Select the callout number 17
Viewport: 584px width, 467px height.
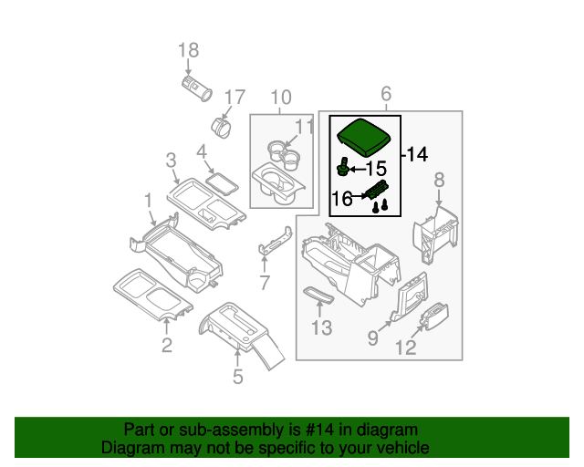pos(235,97)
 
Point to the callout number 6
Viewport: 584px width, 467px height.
pos(385,94)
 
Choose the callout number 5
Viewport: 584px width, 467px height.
pos(237,376)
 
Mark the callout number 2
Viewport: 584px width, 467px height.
pos(166,344)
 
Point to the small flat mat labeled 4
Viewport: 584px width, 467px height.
pos(222,180)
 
